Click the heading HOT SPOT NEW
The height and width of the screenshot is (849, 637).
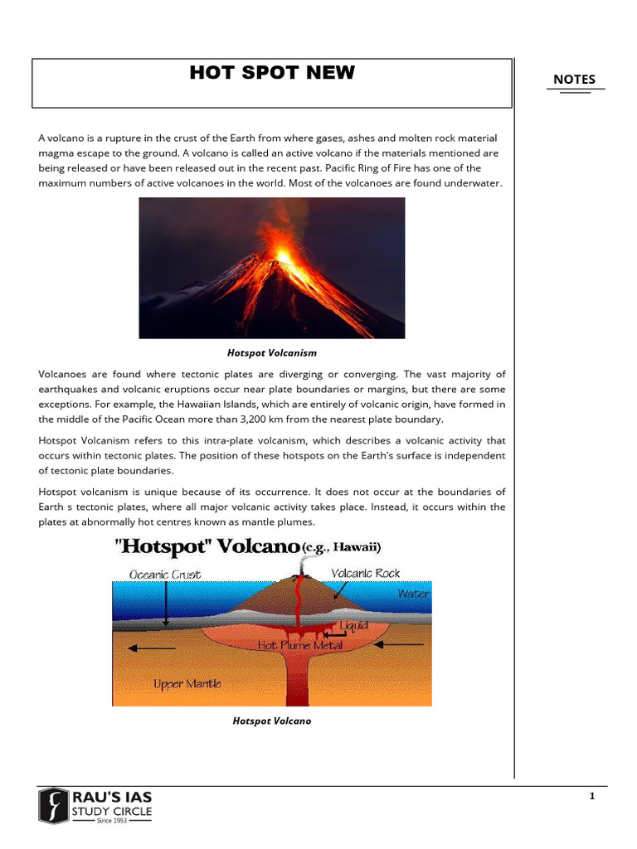(x=271, y=73)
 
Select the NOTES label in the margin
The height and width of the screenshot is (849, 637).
(x=574, y=80)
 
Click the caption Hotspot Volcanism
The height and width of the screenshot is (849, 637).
(x=271, y=353)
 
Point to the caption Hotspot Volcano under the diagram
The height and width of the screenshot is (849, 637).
(x=271, y=721)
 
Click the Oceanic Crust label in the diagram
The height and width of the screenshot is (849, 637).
(x=165, y=574)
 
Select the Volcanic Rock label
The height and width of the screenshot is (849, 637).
(x=365, y=573)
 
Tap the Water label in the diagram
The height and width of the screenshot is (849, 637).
(x=412, y=594)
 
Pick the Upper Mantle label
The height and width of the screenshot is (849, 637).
(x=187, y=684)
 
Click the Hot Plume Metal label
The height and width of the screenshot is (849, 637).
(x=299, y=643)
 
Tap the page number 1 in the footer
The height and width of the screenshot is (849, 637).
(x=592, y=797)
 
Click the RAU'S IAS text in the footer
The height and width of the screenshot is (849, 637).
(x=111, y=797)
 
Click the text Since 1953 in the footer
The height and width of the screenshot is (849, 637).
(x=111, y=821)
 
